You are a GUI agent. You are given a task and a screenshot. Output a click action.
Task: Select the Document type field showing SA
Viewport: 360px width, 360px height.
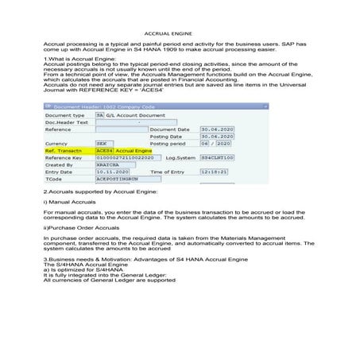(99, 115)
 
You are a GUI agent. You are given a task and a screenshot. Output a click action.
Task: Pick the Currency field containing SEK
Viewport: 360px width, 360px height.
(102, 143)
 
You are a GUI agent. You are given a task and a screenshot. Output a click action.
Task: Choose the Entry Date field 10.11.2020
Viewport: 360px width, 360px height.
(108, 172)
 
